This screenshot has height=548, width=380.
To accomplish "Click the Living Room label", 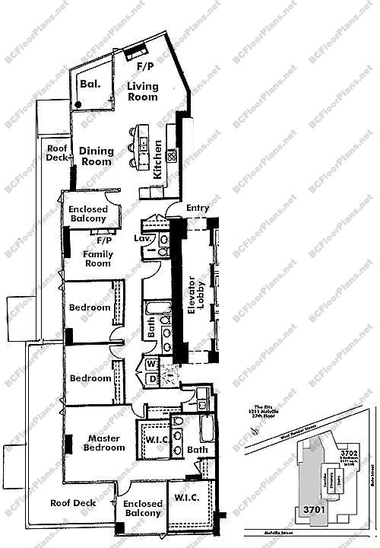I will click(142, 91).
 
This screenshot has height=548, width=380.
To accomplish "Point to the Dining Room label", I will click(97, 156).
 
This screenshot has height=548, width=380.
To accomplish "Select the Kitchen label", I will click(157, 159).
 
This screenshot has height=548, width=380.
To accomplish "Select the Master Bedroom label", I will click(106, 443).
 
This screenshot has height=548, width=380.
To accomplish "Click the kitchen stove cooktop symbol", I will click(172, 158).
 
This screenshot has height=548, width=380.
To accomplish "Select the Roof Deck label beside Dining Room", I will click(57, 153).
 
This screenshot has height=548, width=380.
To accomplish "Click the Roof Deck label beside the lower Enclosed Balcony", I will click(72, 503).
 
